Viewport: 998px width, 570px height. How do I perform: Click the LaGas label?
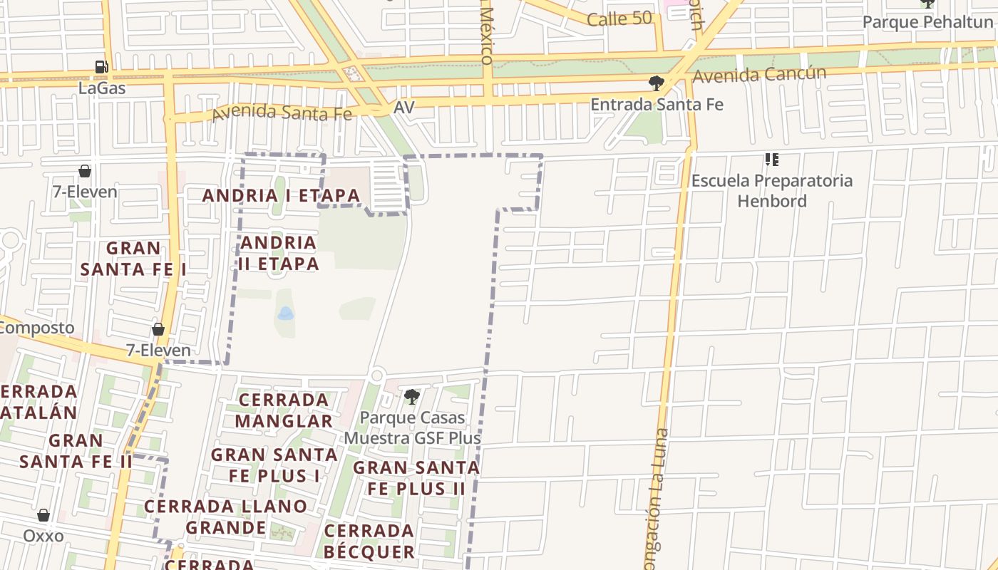(x=102, y=88)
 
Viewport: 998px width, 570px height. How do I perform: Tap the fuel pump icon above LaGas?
(x=102, y=68)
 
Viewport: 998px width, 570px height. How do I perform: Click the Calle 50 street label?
(x=619, y=19)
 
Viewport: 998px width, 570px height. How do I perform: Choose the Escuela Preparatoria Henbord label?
(x=772, y=190)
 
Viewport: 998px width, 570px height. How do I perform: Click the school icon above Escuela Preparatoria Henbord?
(x=772, y=160)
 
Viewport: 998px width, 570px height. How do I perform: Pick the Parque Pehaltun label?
(x=927, y=22)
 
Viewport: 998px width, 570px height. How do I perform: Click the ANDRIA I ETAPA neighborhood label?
(x=281, y=195)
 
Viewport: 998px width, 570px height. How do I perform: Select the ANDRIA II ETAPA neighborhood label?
(x=279, y=253)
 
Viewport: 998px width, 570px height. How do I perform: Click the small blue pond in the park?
(x=285, y=313)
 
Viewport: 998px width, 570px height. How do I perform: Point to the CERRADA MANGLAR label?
(x=284, y=410)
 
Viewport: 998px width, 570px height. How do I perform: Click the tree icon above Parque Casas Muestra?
(x=411, y=397)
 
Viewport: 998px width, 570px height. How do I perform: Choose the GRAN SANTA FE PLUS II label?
(x=416, y=478)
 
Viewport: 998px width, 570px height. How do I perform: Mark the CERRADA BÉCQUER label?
(x=369, y=541)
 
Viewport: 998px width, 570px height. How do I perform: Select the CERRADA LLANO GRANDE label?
(x=225, y=517)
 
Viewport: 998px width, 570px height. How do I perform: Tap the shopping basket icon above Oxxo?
(x=43, y=515)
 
